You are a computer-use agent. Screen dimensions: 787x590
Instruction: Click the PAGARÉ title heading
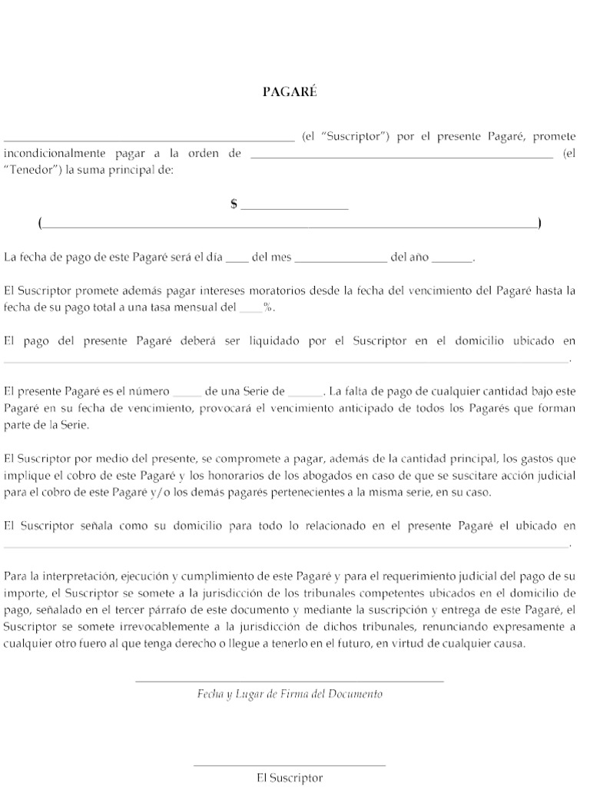[289, 92]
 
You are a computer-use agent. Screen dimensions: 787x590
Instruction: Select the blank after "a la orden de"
[402, 157]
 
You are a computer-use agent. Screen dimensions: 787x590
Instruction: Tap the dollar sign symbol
[234, 204]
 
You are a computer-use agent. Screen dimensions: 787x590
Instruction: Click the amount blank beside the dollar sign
[295, 208]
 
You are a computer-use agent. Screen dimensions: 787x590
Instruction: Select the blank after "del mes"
[341, 261]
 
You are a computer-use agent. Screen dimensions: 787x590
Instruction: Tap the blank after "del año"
[452, 261]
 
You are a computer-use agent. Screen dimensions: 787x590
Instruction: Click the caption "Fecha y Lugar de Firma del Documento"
[289, 694]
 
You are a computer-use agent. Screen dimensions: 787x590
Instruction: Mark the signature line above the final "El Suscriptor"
[289, 765]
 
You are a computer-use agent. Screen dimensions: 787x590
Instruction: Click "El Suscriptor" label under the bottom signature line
[290, 778]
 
